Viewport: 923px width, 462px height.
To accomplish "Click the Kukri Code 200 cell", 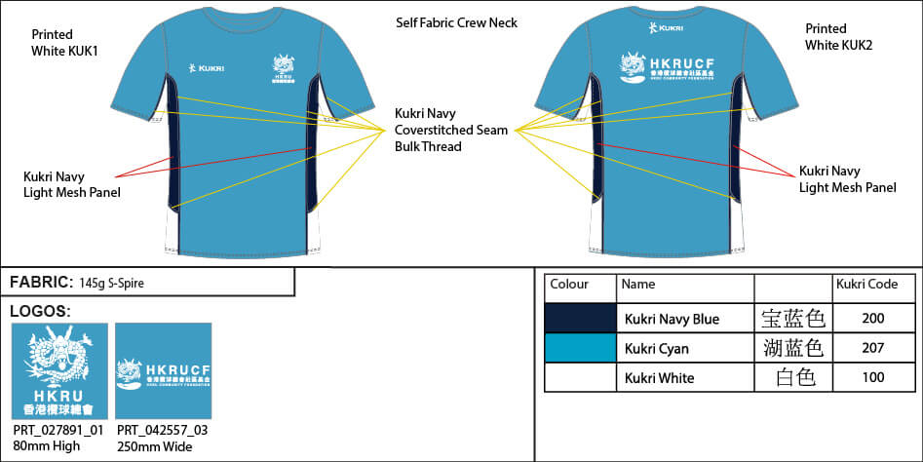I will (x=873, y=319).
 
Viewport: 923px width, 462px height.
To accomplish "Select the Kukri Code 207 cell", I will (x=873, y=348).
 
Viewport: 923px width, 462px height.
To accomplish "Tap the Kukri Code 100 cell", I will (x=873, y=377).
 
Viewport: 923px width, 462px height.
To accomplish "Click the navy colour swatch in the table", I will (x=580, y=319).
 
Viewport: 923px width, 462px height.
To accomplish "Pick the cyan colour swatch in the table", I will (x=580, y=348).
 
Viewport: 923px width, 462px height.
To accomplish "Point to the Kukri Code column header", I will (x=866, y=285).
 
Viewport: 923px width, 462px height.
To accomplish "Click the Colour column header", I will (x=569, y=285).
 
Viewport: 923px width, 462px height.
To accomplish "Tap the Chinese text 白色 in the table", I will (x=791, y=377).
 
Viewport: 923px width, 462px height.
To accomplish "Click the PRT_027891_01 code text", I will (x=58, y=430).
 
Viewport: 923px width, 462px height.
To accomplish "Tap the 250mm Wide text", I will (x=154, y=446).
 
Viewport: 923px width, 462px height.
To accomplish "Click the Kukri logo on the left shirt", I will (x=206, y=68).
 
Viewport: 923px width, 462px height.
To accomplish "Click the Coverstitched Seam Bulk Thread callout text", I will (x=451, y=130).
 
